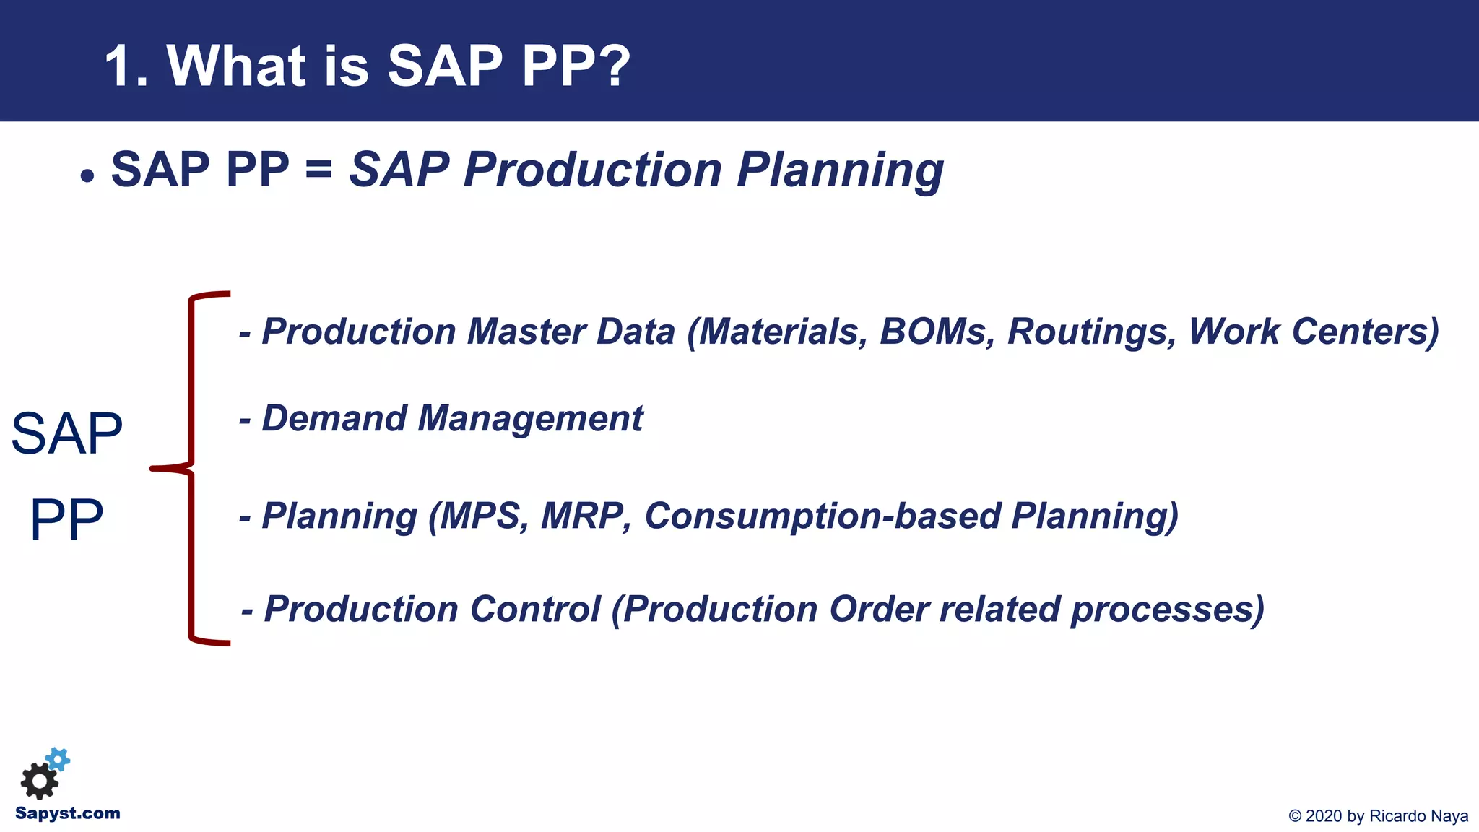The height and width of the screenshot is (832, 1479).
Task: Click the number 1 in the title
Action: pyautogui.click(x=120, y=66)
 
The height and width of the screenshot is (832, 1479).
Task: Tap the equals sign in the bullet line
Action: pyautogui.click(x=318, y=171)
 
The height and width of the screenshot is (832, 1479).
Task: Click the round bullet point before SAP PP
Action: pyautogui.click(x=87, y=176)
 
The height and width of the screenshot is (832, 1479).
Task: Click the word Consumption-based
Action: pyautogui.click(x=823, y=517)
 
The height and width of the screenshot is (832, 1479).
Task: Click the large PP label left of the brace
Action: pyautogui.click(x=66, y=519)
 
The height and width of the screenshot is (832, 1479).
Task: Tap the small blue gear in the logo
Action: pyautogui.click(x=58, y=759)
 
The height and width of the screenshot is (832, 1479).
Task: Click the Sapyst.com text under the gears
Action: pyautogui.click(x=68, y=813)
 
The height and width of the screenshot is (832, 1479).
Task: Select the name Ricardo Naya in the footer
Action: pyautogui.click(x=1418, y=816)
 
